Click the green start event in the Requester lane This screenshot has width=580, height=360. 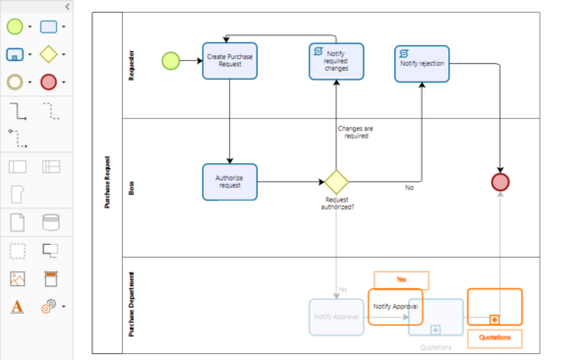[x=171, y=61]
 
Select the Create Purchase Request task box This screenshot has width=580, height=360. [x=230, y=60]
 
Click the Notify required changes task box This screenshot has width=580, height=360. [x=336, y=60]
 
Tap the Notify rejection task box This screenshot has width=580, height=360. [x=423, y=63]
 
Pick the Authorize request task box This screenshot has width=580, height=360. [x=230, y=180]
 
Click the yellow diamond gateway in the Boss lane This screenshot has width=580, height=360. [x=337, y=181]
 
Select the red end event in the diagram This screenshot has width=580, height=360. [x=501, y=181]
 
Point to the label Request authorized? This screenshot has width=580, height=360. [x=337, y=204]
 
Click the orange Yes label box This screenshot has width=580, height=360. [x=401, y=279]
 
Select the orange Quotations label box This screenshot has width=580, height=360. [x=494, y=337]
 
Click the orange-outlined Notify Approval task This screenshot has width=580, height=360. [x=395, y=306]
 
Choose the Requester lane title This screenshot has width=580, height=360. [x=130, y=63]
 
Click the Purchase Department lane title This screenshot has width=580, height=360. [x=130, y=305]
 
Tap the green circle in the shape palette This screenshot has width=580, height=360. [x=16, y=26]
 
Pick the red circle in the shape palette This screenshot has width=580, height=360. [x=48, y=81]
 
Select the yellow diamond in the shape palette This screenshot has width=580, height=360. [x=48, y=53]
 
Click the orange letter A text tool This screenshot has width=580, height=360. [x=16, y=307]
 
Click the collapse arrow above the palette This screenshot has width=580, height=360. [x=65, y=6]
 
